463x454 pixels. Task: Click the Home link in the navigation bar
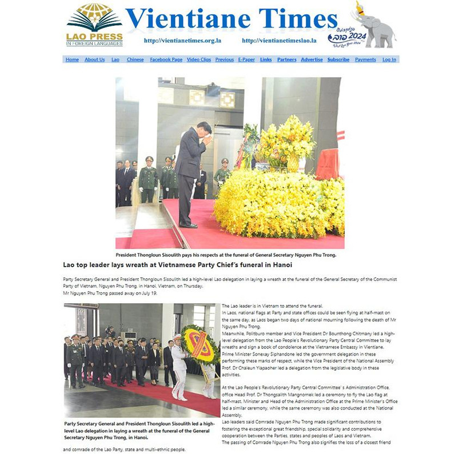coord(72,59)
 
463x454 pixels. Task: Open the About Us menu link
coord(94,59)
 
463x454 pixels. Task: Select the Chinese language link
coord(135,59)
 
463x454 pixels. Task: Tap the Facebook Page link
coord(166,59)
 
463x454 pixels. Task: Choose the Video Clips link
coord(198,59)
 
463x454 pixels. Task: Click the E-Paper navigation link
coord(246,59)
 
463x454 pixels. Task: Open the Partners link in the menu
coord(286,59)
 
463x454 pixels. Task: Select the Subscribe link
coord(338,59)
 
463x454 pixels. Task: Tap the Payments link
coord(365,59)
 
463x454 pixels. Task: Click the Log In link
coord(389,59)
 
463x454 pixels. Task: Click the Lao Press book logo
coord(94,20)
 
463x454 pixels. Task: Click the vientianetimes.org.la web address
coord(182,41)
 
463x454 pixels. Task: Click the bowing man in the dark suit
coord(191,171)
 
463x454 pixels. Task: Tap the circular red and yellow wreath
coord(194,343)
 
